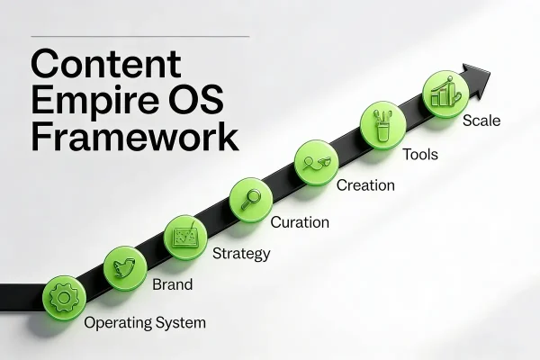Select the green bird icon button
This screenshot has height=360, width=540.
[x=124, y=266]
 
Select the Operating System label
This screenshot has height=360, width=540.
[x=145, y=322]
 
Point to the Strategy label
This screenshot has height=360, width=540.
[x=240, y=254]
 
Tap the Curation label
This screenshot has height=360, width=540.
[x=300, y=221]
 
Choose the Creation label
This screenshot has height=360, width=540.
[x=365, y=185]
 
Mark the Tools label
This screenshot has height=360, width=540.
[x=420, y=154]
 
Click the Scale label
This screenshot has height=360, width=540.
[x=481, y=120]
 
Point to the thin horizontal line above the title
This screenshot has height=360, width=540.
[x=139, y=37]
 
